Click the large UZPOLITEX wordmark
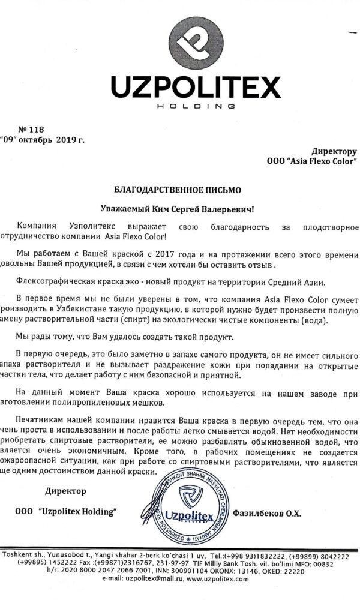(x=196, y=89)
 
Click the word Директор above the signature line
(x=65, y=491)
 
